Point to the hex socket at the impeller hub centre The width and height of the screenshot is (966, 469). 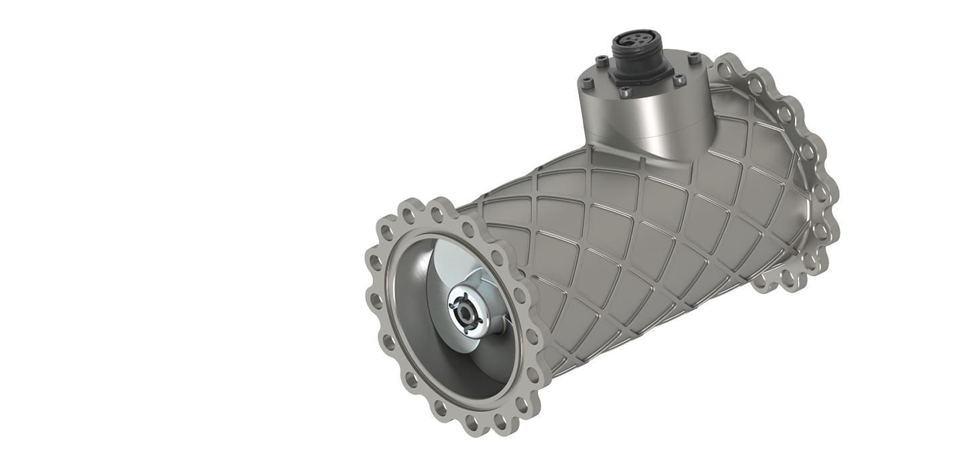[x=464, y=314]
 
